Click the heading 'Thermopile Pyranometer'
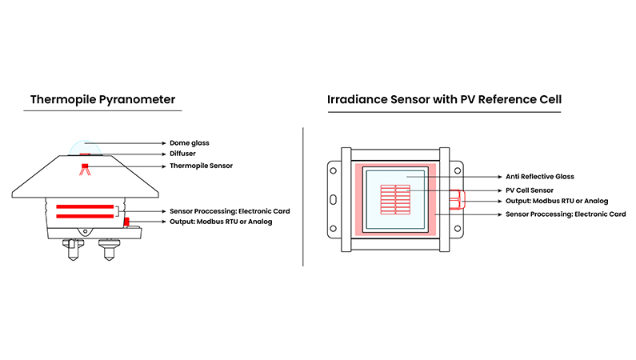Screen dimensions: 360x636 click(102, 100)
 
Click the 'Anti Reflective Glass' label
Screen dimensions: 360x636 click(540, 177)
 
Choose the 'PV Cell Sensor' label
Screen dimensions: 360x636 click(530, 190)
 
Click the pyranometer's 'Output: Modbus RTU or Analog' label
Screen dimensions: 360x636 click(221, 222)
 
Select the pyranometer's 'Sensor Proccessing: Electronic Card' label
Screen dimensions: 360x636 click(230, 211)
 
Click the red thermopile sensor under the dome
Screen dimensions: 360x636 click(85, 168)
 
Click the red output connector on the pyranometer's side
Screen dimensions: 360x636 click(126, 221)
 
